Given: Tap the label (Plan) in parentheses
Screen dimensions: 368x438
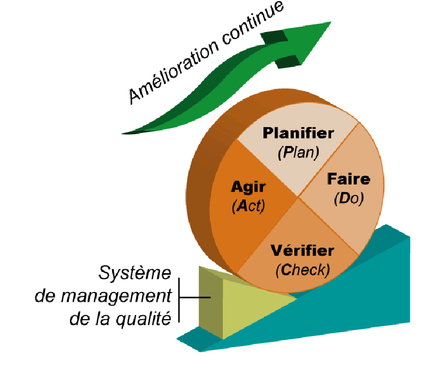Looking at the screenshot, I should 298,153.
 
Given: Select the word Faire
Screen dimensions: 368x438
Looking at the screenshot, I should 349,179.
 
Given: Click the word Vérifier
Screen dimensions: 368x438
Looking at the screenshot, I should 302,251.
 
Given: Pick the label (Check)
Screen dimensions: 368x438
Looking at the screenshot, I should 302,270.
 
